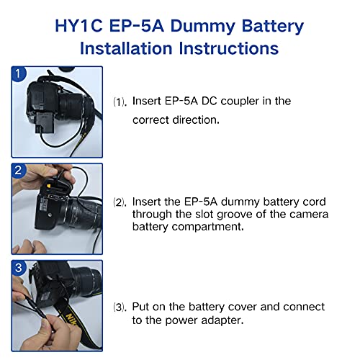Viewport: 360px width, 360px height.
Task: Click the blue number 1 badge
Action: click(x=19, y=76)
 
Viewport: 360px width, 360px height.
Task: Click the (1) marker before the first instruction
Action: click(x=120, y=102)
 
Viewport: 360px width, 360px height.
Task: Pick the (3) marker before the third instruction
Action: click(x=120, y=307)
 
